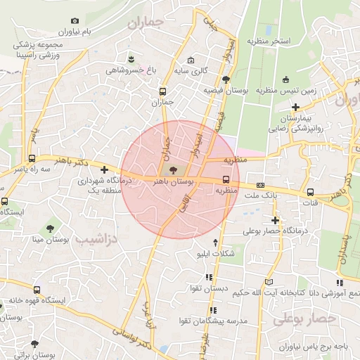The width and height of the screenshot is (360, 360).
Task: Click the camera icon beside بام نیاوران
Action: (x=75, y=22)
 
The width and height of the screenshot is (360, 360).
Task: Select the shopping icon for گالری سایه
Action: (x=190, y=60)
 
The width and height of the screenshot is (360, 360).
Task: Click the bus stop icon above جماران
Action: (x=163, y=91)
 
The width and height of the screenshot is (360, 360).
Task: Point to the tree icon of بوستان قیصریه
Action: (x=225, y=79)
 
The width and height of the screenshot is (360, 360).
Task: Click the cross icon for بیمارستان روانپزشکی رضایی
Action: (x=296, y=108)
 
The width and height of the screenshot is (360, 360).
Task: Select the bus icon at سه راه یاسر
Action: (x=32, y=158)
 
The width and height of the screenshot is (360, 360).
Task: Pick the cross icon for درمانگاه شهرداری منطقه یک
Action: (x=104, y=169)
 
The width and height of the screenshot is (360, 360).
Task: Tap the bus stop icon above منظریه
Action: (x=226, y=179)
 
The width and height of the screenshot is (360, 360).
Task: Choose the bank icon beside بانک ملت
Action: (x=261, y=186)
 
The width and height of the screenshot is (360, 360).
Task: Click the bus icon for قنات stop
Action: (x=310, y=191)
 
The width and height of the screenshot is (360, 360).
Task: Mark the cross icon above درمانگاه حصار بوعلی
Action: (x=275, y=220)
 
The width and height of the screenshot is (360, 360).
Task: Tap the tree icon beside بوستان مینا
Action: (x=50, y=228)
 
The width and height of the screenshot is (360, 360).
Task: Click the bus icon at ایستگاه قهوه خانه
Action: (x=37, y=289)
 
